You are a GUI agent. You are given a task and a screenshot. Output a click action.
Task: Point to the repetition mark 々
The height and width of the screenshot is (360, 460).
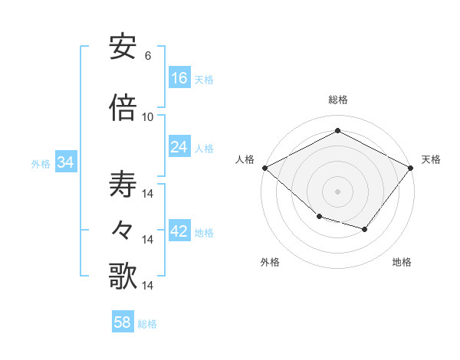[123, 228]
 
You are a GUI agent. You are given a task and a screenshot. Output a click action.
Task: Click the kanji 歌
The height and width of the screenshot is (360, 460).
[123, 275]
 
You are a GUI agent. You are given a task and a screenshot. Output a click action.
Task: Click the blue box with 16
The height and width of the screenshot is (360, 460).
[179, 77]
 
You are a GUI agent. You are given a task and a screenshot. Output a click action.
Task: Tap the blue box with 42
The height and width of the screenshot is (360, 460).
[179, 231]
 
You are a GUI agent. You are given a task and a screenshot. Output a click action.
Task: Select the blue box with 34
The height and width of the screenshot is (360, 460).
[65, 162]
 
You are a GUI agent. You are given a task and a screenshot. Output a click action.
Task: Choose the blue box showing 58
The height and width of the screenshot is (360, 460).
[123, 322]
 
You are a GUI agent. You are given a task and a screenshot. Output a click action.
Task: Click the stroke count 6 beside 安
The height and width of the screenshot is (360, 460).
[147, 56]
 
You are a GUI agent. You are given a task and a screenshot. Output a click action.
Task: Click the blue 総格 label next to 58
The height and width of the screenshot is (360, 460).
[148, 324]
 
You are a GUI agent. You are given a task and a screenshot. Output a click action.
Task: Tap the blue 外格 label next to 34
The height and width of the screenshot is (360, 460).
[41, 164]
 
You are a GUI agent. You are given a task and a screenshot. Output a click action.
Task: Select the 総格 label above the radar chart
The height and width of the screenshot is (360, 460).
[337, 100]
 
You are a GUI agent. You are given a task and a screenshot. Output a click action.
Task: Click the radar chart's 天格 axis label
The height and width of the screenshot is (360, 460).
[432, 159]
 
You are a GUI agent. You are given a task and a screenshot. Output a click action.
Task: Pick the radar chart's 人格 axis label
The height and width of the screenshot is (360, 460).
[245, 159]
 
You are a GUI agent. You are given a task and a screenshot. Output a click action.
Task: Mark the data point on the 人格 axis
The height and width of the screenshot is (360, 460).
[264, 168]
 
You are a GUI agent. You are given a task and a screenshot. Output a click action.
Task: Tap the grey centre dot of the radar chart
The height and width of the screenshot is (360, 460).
[337, 191]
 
